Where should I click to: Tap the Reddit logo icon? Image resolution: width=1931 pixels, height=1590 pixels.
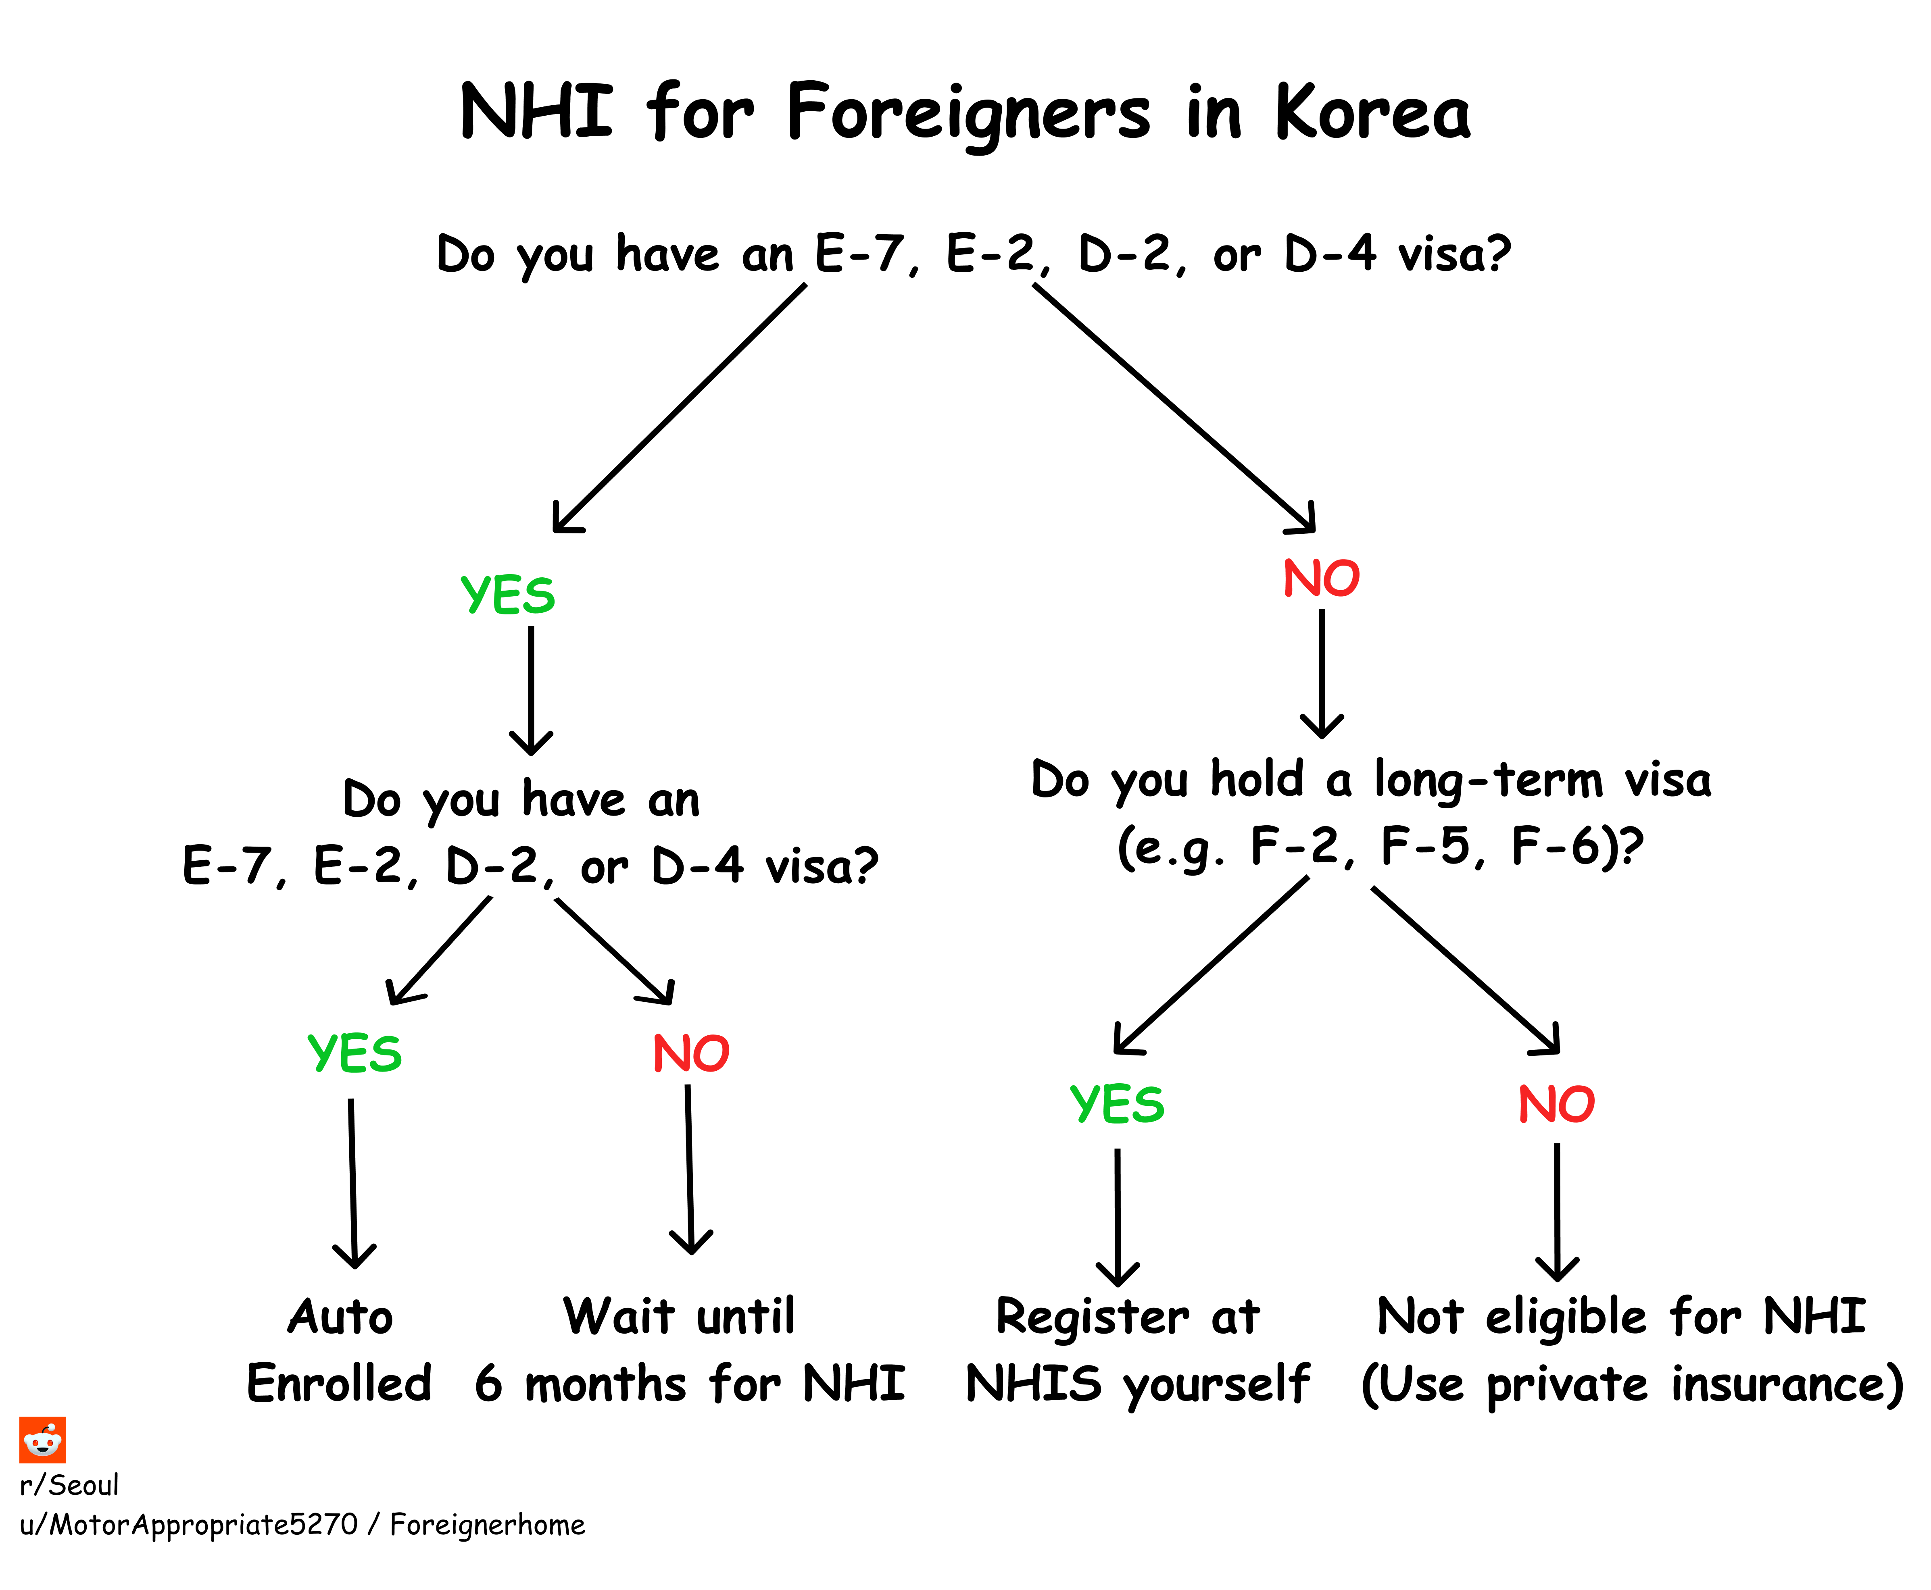pos(42,1440)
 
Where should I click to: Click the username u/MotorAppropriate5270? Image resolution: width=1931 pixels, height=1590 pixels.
pos(188,1525)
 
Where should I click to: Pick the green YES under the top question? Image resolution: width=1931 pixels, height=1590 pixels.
pos(507,595)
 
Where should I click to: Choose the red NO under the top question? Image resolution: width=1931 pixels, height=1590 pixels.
pos(1321,579)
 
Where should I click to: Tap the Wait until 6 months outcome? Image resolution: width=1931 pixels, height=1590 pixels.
pos(689,1350)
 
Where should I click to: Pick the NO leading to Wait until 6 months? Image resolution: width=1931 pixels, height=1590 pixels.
pos(691,1053)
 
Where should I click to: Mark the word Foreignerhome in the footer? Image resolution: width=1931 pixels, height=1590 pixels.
pos(487,1525)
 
